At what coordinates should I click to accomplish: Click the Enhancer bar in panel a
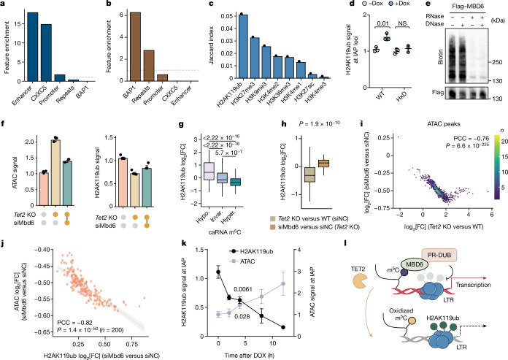click(x=33, y=47)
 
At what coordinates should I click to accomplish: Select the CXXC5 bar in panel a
click(x=46, y=53)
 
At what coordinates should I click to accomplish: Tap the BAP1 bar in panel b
click(x=135, y=47)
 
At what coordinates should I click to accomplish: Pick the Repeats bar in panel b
click(x=149, y=66)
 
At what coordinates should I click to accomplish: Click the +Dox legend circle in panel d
click(x=390, y=4)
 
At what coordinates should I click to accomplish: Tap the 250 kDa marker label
click(x=497, y=62)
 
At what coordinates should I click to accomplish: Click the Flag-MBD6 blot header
click(x=466, y=7)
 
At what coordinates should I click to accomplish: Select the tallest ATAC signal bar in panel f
click(x=55, y=172)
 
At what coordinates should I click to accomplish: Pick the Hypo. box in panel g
click(x=209, y=170)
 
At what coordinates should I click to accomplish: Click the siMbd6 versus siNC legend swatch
click(x=273, y=227)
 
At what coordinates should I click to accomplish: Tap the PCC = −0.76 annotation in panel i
click(x=472, y=139)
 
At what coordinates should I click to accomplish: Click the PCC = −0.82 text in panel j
click(x=75, y=323)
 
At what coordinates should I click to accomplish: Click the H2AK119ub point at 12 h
click(x=283, y=327)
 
